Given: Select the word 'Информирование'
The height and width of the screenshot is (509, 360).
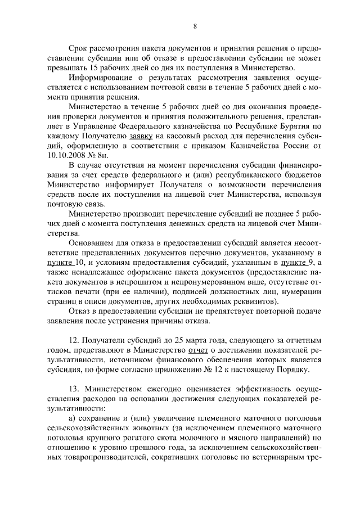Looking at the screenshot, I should click(99, 77).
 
